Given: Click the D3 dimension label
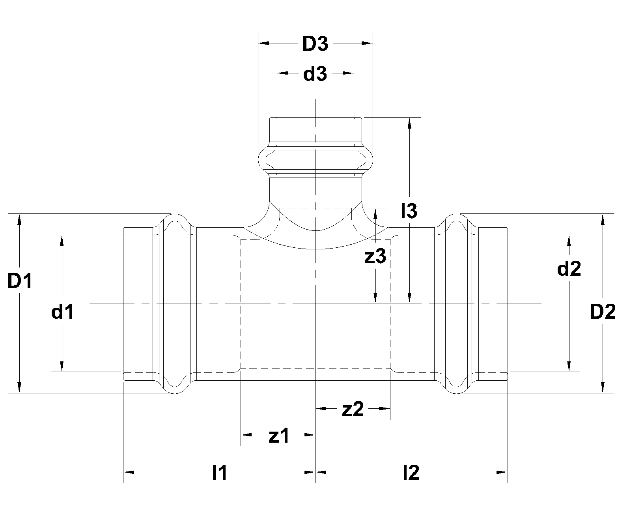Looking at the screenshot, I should [315, 45].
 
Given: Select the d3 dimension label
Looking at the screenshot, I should [315, 74].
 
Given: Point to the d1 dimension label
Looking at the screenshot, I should [62, 312].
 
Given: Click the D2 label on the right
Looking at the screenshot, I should [603, 312].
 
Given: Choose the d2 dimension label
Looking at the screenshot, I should [569, 269].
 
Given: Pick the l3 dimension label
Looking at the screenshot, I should [409, 211].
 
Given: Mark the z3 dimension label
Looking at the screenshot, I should [375, 257].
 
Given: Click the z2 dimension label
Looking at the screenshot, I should [353, 410].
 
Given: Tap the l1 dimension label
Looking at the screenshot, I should [219, 472].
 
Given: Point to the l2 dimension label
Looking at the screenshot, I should [411, 472].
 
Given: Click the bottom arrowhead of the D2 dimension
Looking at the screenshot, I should [603, 388].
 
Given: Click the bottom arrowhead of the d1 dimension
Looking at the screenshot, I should [62, 367].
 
